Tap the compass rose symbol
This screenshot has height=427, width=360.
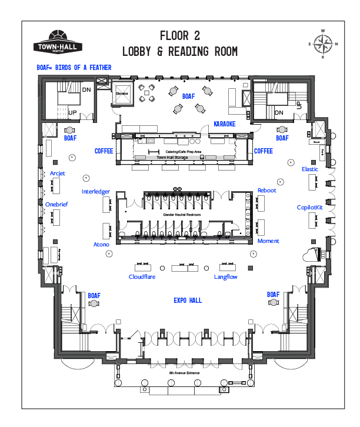[322, 44]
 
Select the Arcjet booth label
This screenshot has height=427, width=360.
[58, 173]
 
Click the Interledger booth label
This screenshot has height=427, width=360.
[95, 192]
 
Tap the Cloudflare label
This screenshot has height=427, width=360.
[142, 276]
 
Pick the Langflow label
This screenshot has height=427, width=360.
[226, 276]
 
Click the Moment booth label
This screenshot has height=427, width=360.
[268, 241]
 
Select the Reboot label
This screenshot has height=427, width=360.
[266, 191]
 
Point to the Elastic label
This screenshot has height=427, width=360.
[310, 169]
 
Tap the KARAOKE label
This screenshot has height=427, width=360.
[224, 124]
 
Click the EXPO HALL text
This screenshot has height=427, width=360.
[188, 301]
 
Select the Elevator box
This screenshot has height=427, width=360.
[122, 96]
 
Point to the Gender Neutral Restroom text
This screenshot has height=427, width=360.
[182, 215]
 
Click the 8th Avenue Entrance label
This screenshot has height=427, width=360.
[186, 374]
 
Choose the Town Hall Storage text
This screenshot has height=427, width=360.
[173, 157]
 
